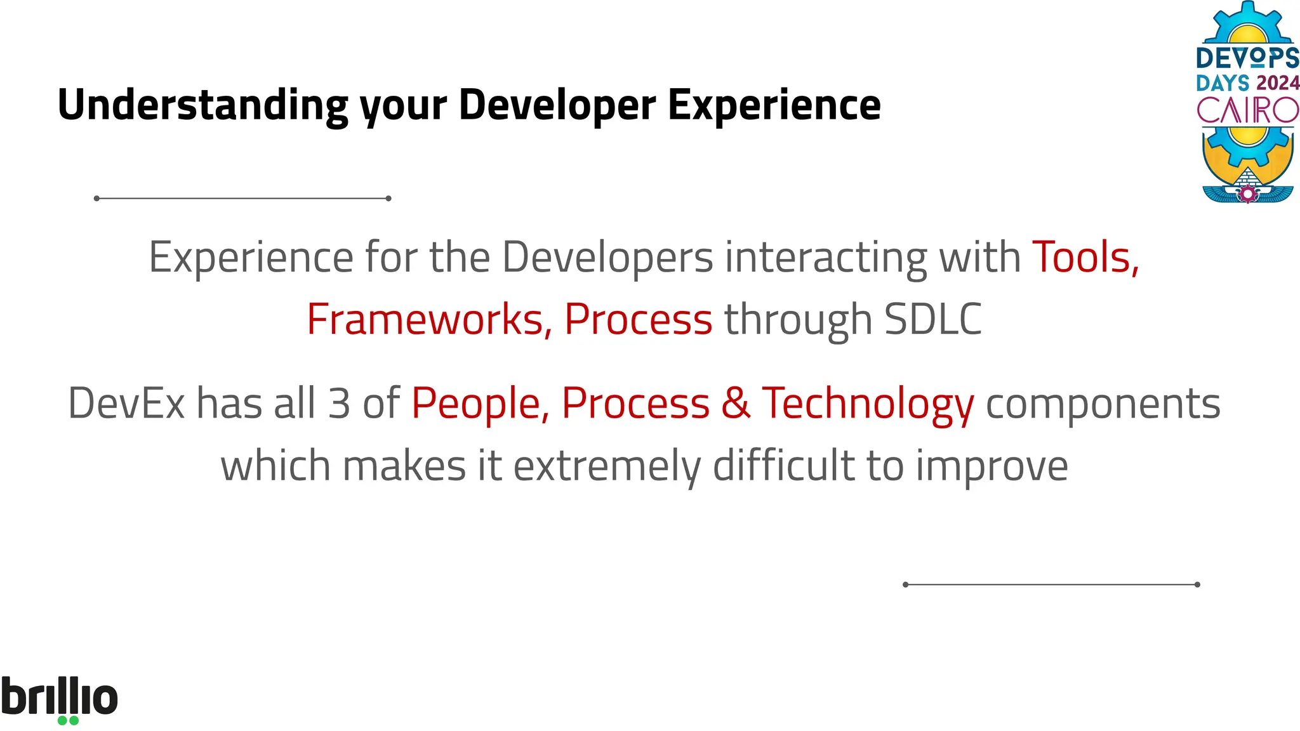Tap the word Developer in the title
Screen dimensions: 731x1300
click(557, 105)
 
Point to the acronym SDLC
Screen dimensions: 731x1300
click(932, 319)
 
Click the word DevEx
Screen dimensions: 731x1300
click(126, 404)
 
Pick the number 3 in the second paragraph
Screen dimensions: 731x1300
click(339, 404)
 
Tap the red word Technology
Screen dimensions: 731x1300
click(867, 404)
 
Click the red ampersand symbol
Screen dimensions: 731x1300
click(736, 404)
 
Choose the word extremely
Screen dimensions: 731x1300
click(607, 466)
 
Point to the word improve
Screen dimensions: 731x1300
click(992, 466)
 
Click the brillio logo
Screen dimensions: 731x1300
click(59, 697)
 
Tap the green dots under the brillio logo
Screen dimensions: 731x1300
click(68, 720)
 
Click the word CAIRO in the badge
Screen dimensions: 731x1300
click(1247, 110)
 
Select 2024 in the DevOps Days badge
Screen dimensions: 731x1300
click(1277, 83)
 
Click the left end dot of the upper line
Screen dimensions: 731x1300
click(96, 199)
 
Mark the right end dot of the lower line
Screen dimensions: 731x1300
click(1197, 584)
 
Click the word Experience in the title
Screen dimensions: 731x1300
click(774, 105)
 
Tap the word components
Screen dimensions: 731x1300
click(1103, 404)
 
